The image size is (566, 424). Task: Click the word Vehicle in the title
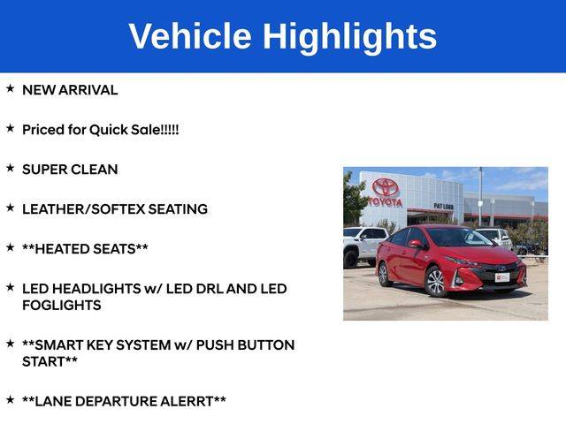(x=190, y=35)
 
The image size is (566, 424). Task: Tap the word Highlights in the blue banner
(x=349, y=37)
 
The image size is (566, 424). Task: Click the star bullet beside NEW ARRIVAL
(x=10, y=88)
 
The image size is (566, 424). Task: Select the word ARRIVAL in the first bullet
(x=88, y=90)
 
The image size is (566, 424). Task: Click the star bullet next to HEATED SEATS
(x=10, y=247)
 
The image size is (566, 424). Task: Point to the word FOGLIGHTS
(x=62, y=306)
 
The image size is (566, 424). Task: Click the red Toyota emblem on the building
(x=386, y=186)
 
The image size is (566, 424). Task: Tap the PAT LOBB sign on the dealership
(x=444, y=206)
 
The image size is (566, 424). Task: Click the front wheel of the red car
(x=436, y=282)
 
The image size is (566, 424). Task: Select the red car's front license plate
(x=502, y=277)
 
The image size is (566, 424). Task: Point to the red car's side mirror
(x=417, y=245)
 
